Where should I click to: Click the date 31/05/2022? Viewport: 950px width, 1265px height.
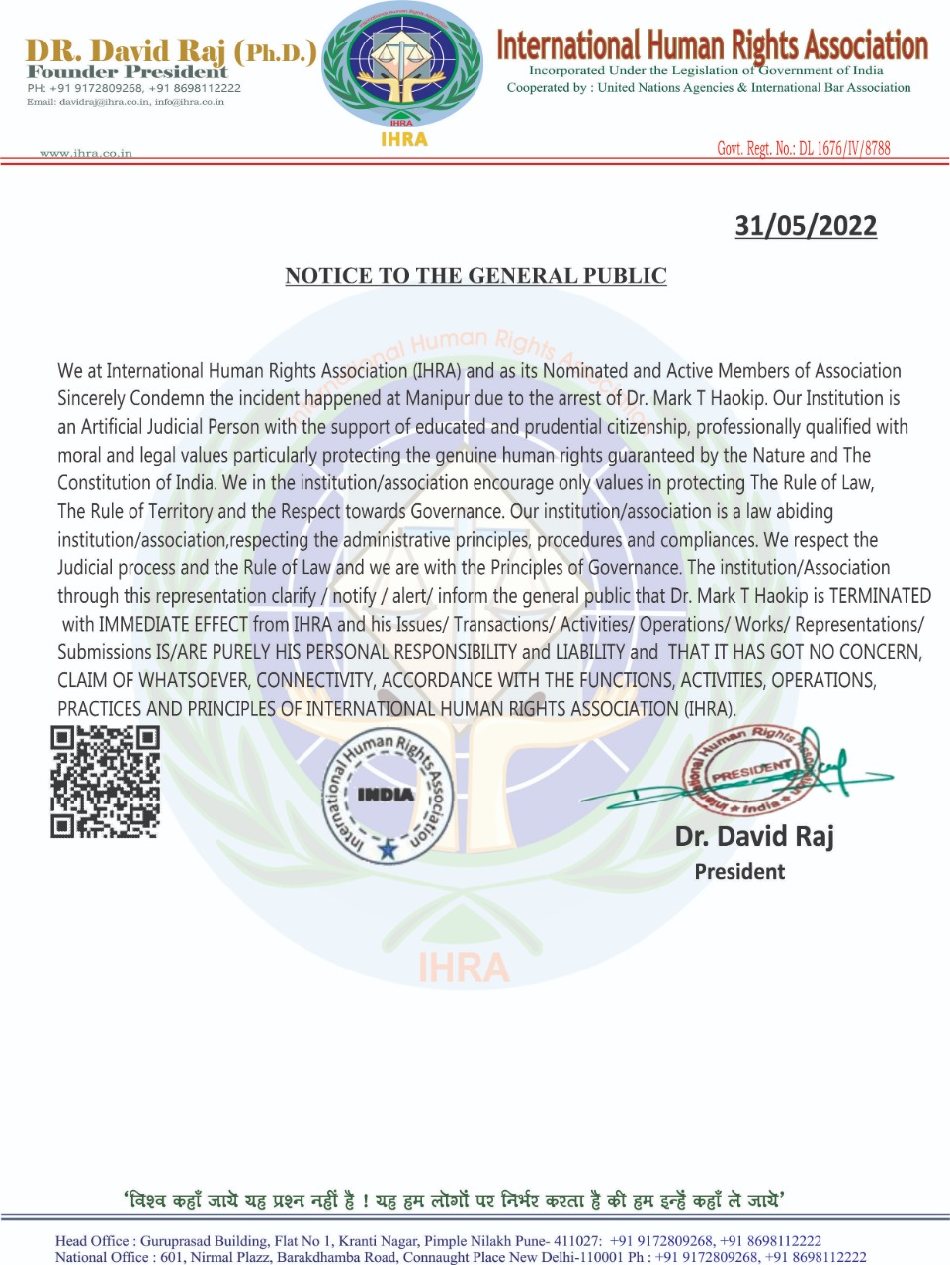[806, 226]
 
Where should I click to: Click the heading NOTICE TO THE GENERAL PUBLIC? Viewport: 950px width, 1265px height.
[475, 276]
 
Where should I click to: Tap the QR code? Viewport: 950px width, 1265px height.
[106, 782]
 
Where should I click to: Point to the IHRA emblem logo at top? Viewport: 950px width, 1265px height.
[403, 65]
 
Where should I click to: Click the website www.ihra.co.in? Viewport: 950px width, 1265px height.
[86, 153]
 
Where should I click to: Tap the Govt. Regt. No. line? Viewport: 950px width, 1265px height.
[803, 148]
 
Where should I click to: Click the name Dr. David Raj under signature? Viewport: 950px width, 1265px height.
[754, 836]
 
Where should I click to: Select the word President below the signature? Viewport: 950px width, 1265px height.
[739, 872]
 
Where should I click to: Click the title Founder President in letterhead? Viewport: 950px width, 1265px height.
[128, 72]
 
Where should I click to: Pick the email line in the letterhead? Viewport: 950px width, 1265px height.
[126, 102]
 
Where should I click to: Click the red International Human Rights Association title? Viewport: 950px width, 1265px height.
[712, 45]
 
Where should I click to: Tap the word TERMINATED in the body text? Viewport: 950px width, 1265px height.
[880, 596]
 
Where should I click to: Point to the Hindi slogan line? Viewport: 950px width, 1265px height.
[455, 1200]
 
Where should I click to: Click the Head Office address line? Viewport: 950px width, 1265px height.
[438, 1241]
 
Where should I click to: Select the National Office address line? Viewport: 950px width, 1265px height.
[460, 1257]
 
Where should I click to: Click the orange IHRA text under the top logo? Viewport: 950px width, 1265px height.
[403, 139]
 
